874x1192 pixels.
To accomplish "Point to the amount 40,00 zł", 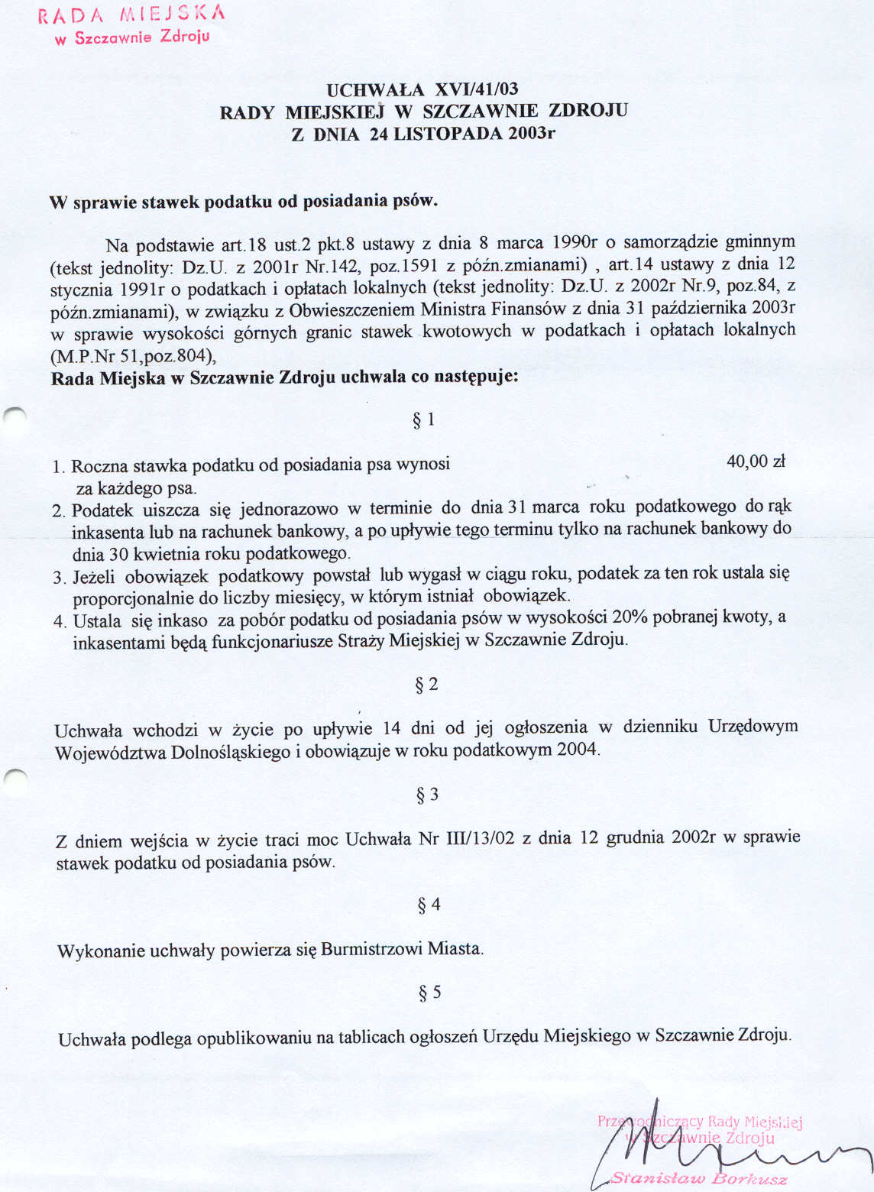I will pos(756,461).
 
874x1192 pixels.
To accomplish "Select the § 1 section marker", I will pos(424,419).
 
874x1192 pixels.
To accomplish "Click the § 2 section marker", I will pos(426,684).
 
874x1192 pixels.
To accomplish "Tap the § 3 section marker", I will pos(427,795).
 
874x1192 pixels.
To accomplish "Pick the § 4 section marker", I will pos(429,905).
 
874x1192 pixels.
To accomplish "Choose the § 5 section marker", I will pos(429,993).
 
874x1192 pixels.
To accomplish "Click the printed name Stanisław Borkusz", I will pos(698,1179).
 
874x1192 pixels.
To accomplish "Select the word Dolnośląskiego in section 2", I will pos(230,752).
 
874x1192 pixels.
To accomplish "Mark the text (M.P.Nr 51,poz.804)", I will pos(134,356).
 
